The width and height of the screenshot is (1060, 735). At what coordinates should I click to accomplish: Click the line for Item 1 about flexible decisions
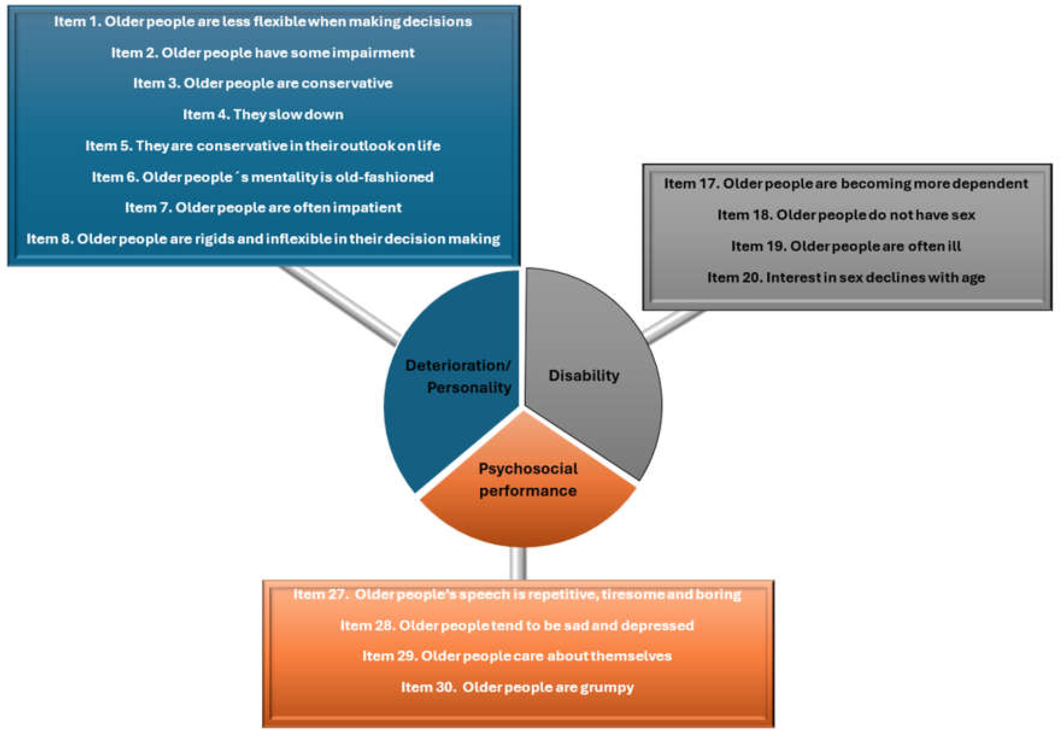pos(263,22)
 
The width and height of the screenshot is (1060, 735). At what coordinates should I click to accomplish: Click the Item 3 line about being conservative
pos(263,83)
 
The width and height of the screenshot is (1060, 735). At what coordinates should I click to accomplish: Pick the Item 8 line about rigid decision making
pos(263,239)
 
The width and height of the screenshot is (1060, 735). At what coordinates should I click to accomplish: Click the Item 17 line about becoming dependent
pos(846,184)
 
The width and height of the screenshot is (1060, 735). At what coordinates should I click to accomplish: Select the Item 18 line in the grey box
pos(846,215)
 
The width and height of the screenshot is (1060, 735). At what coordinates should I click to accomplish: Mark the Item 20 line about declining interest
pos(846,278)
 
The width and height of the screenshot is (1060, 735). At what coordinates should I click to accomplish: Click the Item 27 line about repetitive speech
pos(517,595)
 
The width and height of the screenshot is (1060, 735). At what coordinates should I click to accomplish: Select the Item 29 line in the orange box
pos(517,656)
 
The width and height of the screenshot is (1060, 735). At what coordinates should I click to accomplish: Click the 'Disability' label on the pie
pos(584,376)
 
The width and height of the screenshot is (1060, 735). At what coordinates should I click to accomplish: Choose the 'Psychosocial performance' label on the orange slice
pos(528,480)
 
